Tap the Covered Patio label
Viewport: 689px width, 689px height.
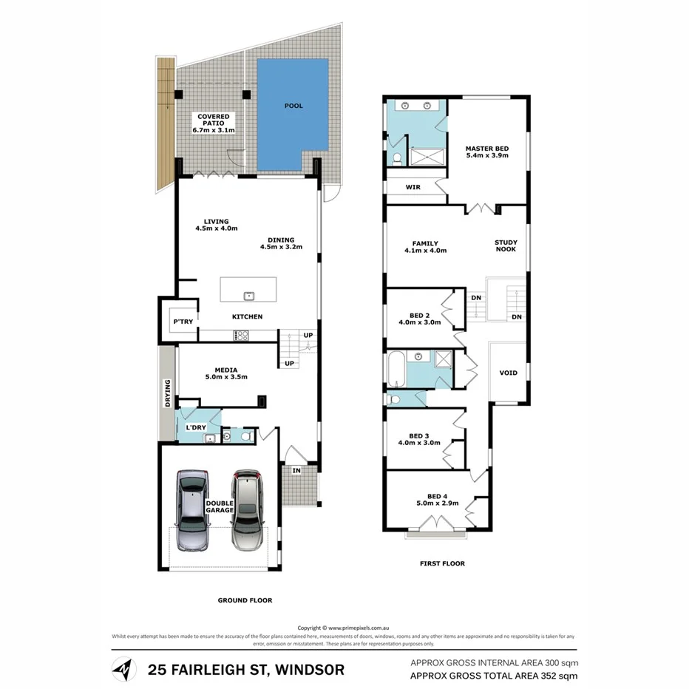click(x=213, y=123)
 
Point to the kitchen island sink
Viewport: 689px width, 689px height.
click(x=249, y=296)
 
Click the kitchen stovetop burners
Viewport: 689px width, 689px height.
click(x=241, y=336)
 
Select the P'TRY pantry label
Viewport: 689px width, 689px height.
click(x=182, y=322)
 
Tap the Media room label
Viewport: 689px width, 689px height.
click(x=225, y=373)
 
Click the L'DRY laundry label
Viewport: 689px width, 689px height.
click(x=196, y=427)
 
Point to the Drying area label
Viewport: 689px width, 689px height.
click(x=168, y=393)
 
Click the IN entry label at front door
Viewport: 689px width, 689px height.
click(x=296, y=469)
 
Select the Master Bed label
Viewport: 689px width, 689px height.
click(x=486, y=152)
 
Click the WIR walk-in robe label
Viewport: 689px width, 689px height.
click(x=413, y=188)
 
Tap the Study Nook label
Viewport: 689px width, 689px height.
click(x=506, y=245)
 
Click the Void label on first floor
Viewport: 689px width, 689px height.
click(x=508, y=373)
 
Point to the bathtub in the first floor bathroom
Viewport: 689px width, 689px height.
click(x=395, y=370)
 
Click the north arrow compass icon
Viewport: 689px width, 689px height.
click(x=123, y=670)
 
